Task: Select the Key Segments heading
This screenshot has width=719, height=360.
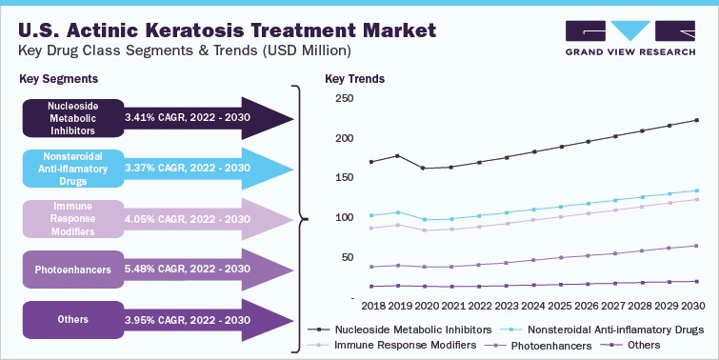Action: pyautogui.click(x=57, y=78)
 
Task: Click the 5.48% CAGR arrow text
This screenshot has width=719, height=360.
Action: pyautogui.click(x=187, y=270)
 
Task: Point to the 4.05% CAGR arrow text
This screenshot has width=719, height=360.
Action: pyautogui.click(x=187, y=219)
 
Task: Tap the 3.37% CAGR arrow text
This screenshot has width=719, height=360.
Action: pyautogui.click(x=187, y=169)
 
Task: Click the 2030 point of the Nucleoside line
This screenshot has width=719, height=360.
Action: pyautogui.click(x=697, y=120)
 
